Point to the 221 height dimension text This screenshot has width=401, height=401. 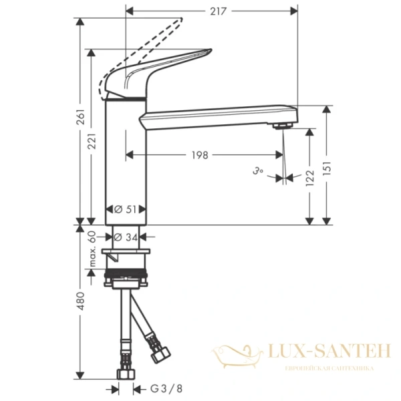(94, 140)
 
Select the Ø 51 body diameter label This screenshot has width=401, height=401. (126, 209)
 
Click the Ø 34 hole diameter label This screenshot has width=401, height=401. (126, 237)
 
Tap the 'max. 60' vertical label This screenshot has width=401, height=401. (94, 249)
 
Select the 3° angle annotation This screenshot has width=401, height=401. (258, 172)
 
